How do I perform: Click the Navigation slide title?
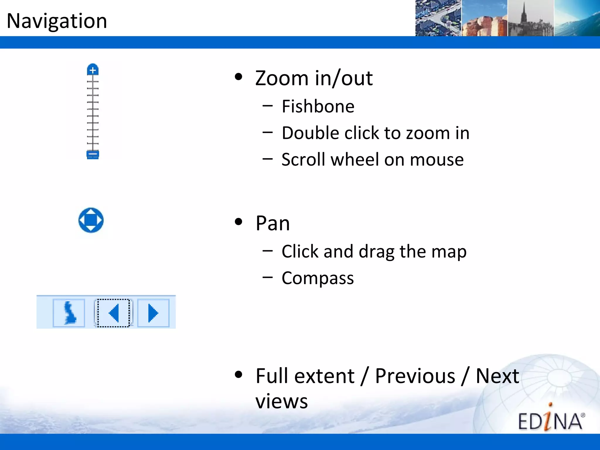point(57,21)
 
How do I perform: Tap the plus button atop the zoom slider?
point(93,70)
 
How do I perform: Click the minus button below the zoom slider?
point(93,154)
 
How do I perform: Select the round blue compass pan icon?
point(91,220)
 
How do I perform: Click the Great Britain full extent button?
point(69,313)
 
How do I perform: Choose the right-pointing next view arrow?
point(153,313)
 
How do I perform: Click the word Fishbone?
point(318,106)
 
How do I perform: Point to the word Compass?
point(318,278)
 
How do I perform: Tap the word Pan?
point(272,223)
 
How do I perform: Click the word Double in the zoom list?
point(311,133)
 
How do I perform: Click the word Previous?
point(415,376)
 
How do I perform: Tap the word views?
point(282,401)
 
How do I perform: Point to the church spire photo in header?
point(531,18)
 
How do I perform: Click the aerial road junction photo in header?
point(438,18)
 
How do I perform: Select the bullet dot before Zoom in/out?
point(239,77)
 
